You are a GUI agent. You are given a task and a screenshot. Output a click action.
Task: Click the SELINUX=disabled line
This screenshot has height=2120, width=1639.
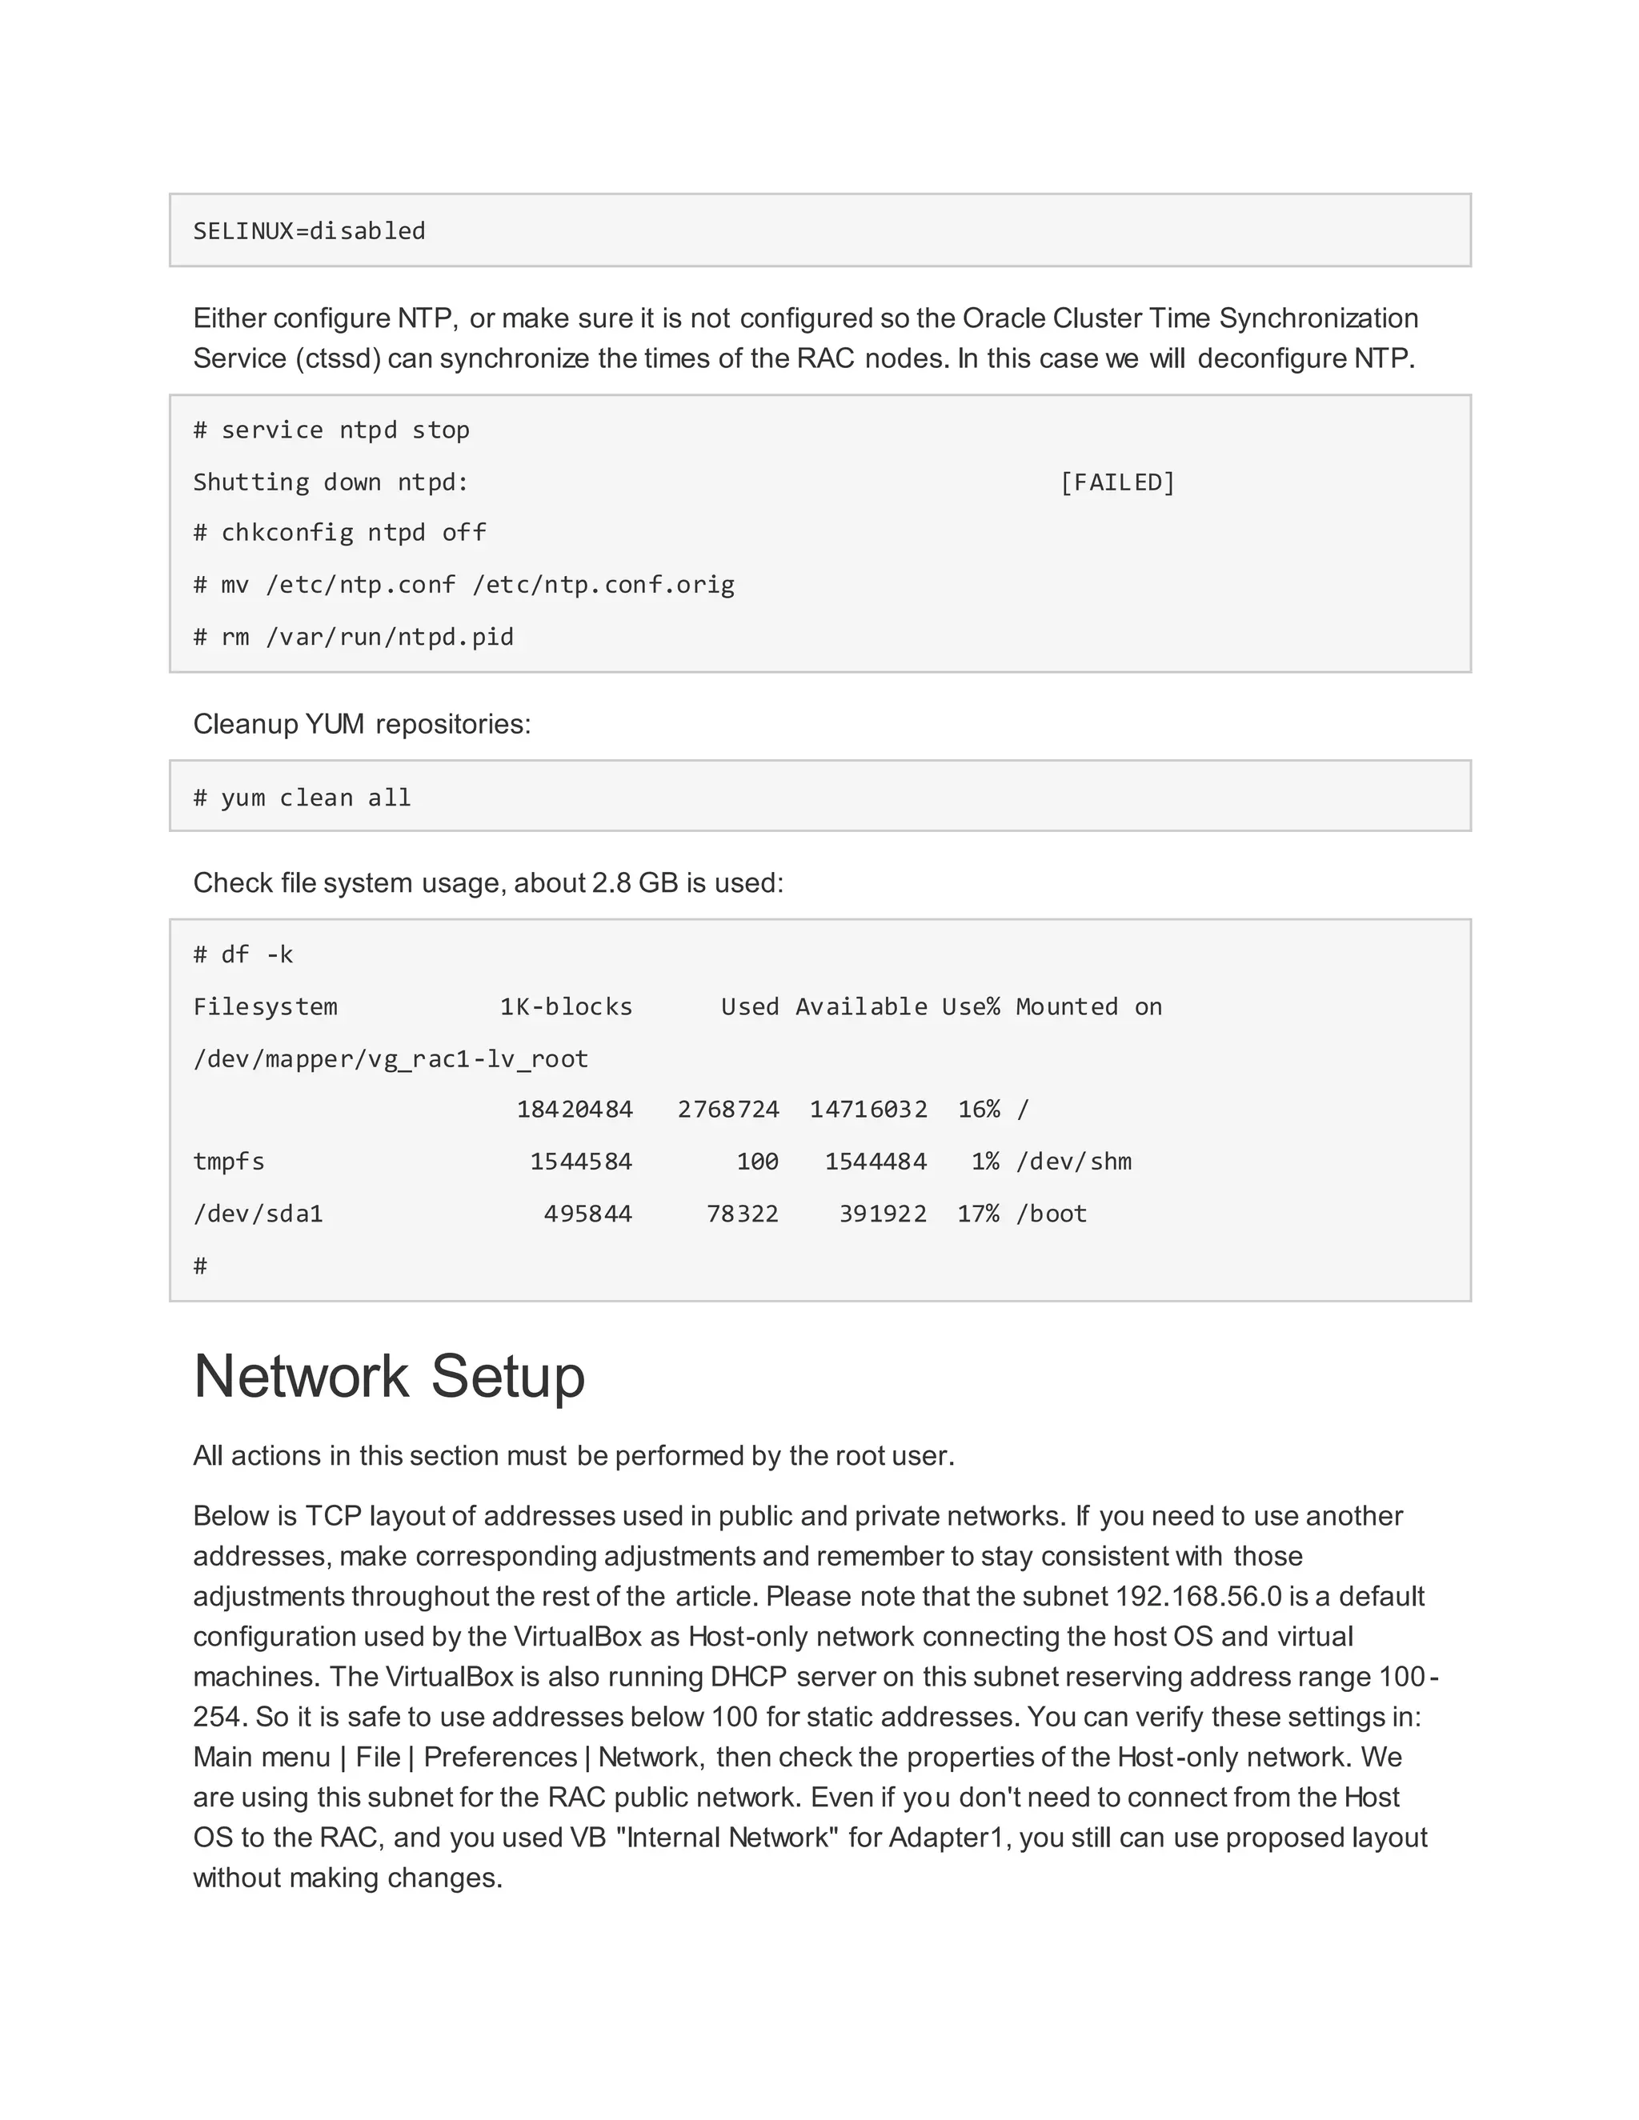pyautogui.click(x=309, y=231)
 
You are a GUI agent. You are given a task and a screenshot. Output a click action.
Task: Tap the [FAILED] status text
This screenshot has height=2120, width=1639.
pyautogui.click(x=1116, y=482)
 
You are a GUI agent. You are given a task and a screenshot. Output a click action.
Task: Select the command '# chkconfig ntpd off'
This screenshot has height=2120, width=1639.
pyautogui.click(x=340, y=533)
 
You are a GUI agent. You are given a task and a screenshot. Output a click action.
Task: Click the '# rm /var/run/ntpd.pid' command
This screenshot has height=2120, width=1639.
pyautogui.click(x=354, y=637)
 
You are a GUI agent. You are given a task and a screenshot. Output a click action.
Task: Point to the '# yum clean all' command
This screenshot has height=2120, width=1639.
pyautogui.click(x=302, y=798)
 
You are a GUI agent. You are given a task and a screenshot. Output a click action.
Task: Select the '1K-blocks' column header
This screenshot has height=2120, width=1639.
pyautogui.click(x=566, y=1006)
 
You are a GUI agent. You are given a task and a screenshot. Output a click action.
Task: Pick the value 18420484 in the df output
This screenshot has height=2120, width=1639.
pyautogui.click(x=574, y=1110)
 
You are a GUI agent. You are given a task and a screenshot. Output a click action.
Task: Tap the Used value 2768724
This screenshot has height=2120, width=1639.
pyautogui.click(x=728, y=1110)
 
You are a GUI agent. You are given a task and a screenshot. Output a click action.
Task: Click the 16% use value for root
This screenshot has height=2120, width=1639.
pyautogui.click(x=979, y=1110)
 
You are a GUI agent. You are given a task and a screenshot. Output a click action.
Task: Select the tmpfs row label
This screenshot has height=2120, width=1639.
pyautogui.click(x=229, y=1162)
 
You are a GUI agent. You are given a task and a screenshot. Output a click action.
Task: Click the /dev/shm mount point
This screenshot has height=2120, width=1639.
pyautogui.click(x=1073, y=1162)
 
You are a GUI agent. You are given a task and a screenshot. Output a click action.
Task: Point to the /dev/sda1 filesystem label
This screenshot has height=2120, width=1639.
pyautogui.click(x=258, y=1214)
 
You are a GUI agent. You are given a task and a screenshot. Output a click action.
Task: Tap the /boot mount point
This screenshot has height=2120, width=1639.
pyautogui.click(x=1051, y=1214)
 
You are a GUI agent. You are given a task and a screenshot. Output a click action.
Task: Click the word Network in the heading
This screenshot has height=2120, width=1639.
pyautogui.click(x=301, y=1377)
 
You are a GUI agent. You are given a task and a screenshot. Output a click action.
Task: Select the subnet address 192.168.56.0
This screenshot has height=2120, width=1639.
pyautogui.click(x=1198, y=1597)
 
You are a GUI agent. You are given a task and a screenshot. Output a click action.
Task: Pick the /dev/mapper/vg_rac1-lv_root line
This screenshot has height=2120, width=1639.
pyautogui.click(x=391, y=1059)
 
